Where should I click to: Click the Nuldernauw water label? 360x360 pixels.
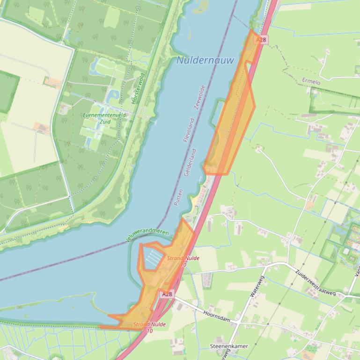coord(205,60)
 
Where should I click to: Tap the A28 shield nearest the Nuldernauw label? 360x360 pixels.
coord(261,40)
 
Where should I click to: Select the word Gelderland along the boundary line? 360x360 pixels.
coord(191,162)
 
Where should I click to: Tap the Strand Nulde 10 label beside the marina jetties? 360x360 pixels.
coord(183,261)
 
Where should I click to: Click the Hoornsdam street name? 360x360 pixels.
coord(217,317)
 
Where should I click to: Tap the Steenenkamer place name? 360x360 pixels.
coord(229,346)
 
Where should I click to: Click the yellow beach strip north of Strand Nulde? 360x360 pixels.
coord(193,202)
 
